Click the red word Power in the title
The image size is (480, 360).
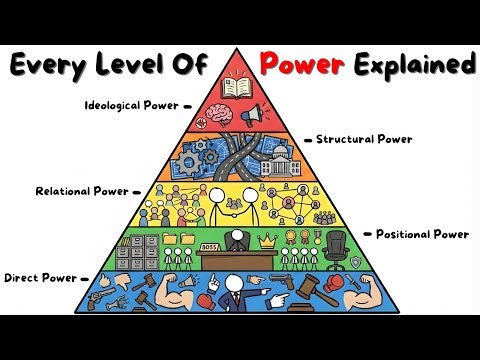pyautogui.click(x=304, y=66)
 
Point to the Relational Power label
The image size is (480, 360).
pyautogui.click(x=83, y=190)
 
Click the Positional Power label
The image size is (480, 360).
pyautogui.click(x=422, y=234)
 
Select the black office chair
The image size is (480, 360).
pyautogui.click(x=338, y=246)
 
